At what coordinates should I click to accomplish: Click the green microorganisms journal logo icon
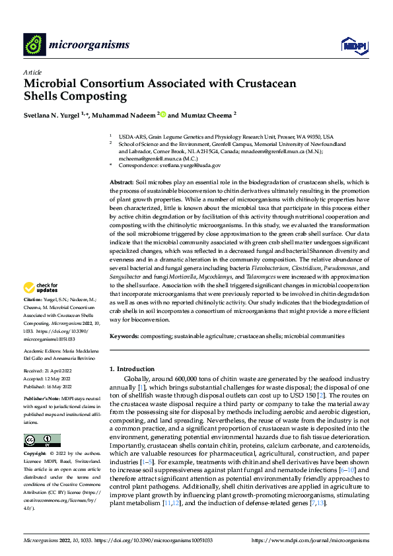pyautogui.click(x=35, y=44)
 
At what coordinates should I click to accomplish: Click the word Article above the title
pyautogui.click(x=32, y=72)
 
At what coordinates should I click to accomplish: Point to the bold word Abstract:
pyautogui.click(x=122, y=182)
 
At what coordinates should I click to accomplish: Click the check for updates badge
pyautogui.click(x=40, y=288)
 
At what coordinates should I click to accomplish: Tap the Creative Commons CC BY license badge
pyautogui.click(x=42, y=440)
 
